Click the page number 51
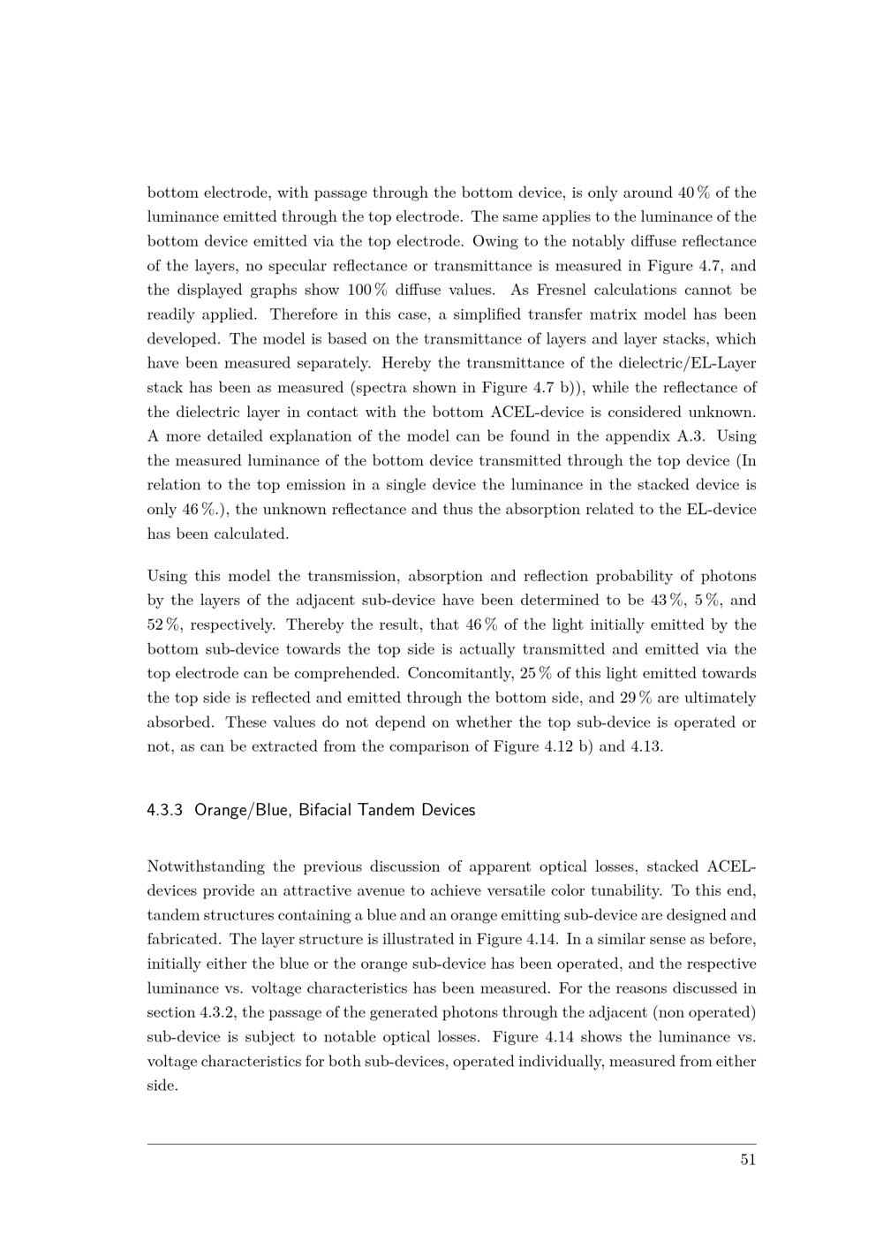pos(748,1160)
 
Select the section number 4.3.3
pos(165,810)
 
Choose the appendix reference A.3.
pos(696,436)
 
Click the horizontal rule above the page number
pos(451,1145)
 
